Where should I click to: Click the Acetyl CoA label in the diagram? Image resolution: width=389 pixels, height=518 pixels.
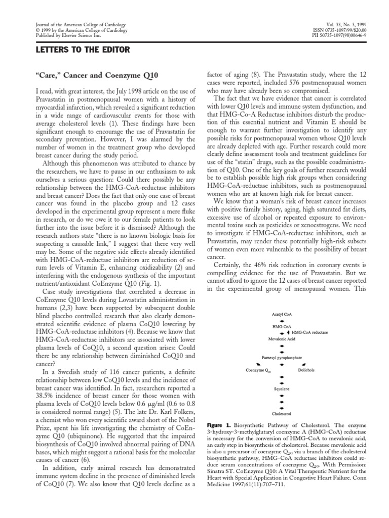282,315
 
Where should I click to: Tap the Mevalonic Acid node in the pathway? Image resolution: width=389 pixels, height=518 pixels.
282,339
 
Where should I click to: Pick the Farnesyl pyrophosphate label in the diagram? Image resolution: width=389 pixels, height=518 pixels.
282,358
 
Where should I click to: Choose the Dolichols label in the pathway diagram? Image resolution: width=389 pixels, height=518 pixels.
306,370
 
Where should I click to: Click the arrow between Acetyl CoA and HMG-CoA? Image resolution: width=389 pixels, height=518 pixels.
282,321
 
